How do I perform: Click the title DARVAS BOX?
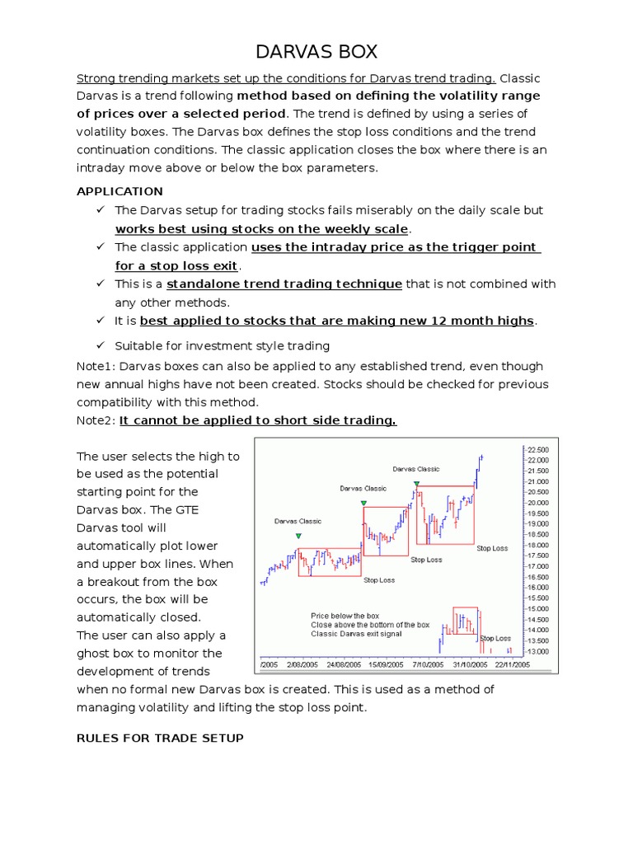pos(316,52)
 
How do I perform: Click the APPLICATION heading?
pos(120,191)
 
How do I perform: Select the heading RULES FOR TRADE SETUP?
pos(160,738)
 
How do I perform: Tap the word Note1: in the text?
pos(96,366)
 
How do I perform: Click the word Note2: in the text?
pos(96,420)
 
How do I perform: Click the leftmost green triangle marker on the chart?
pos(298,537)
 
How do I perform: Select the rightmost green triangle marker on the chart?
pos(417,485)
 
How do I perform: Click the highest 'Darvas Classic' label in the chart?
pos(416,469)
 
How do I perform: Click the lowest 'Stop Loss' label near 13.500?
pos(495,638)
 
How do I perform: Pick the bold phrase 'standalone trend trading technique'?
pos(284,284)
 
